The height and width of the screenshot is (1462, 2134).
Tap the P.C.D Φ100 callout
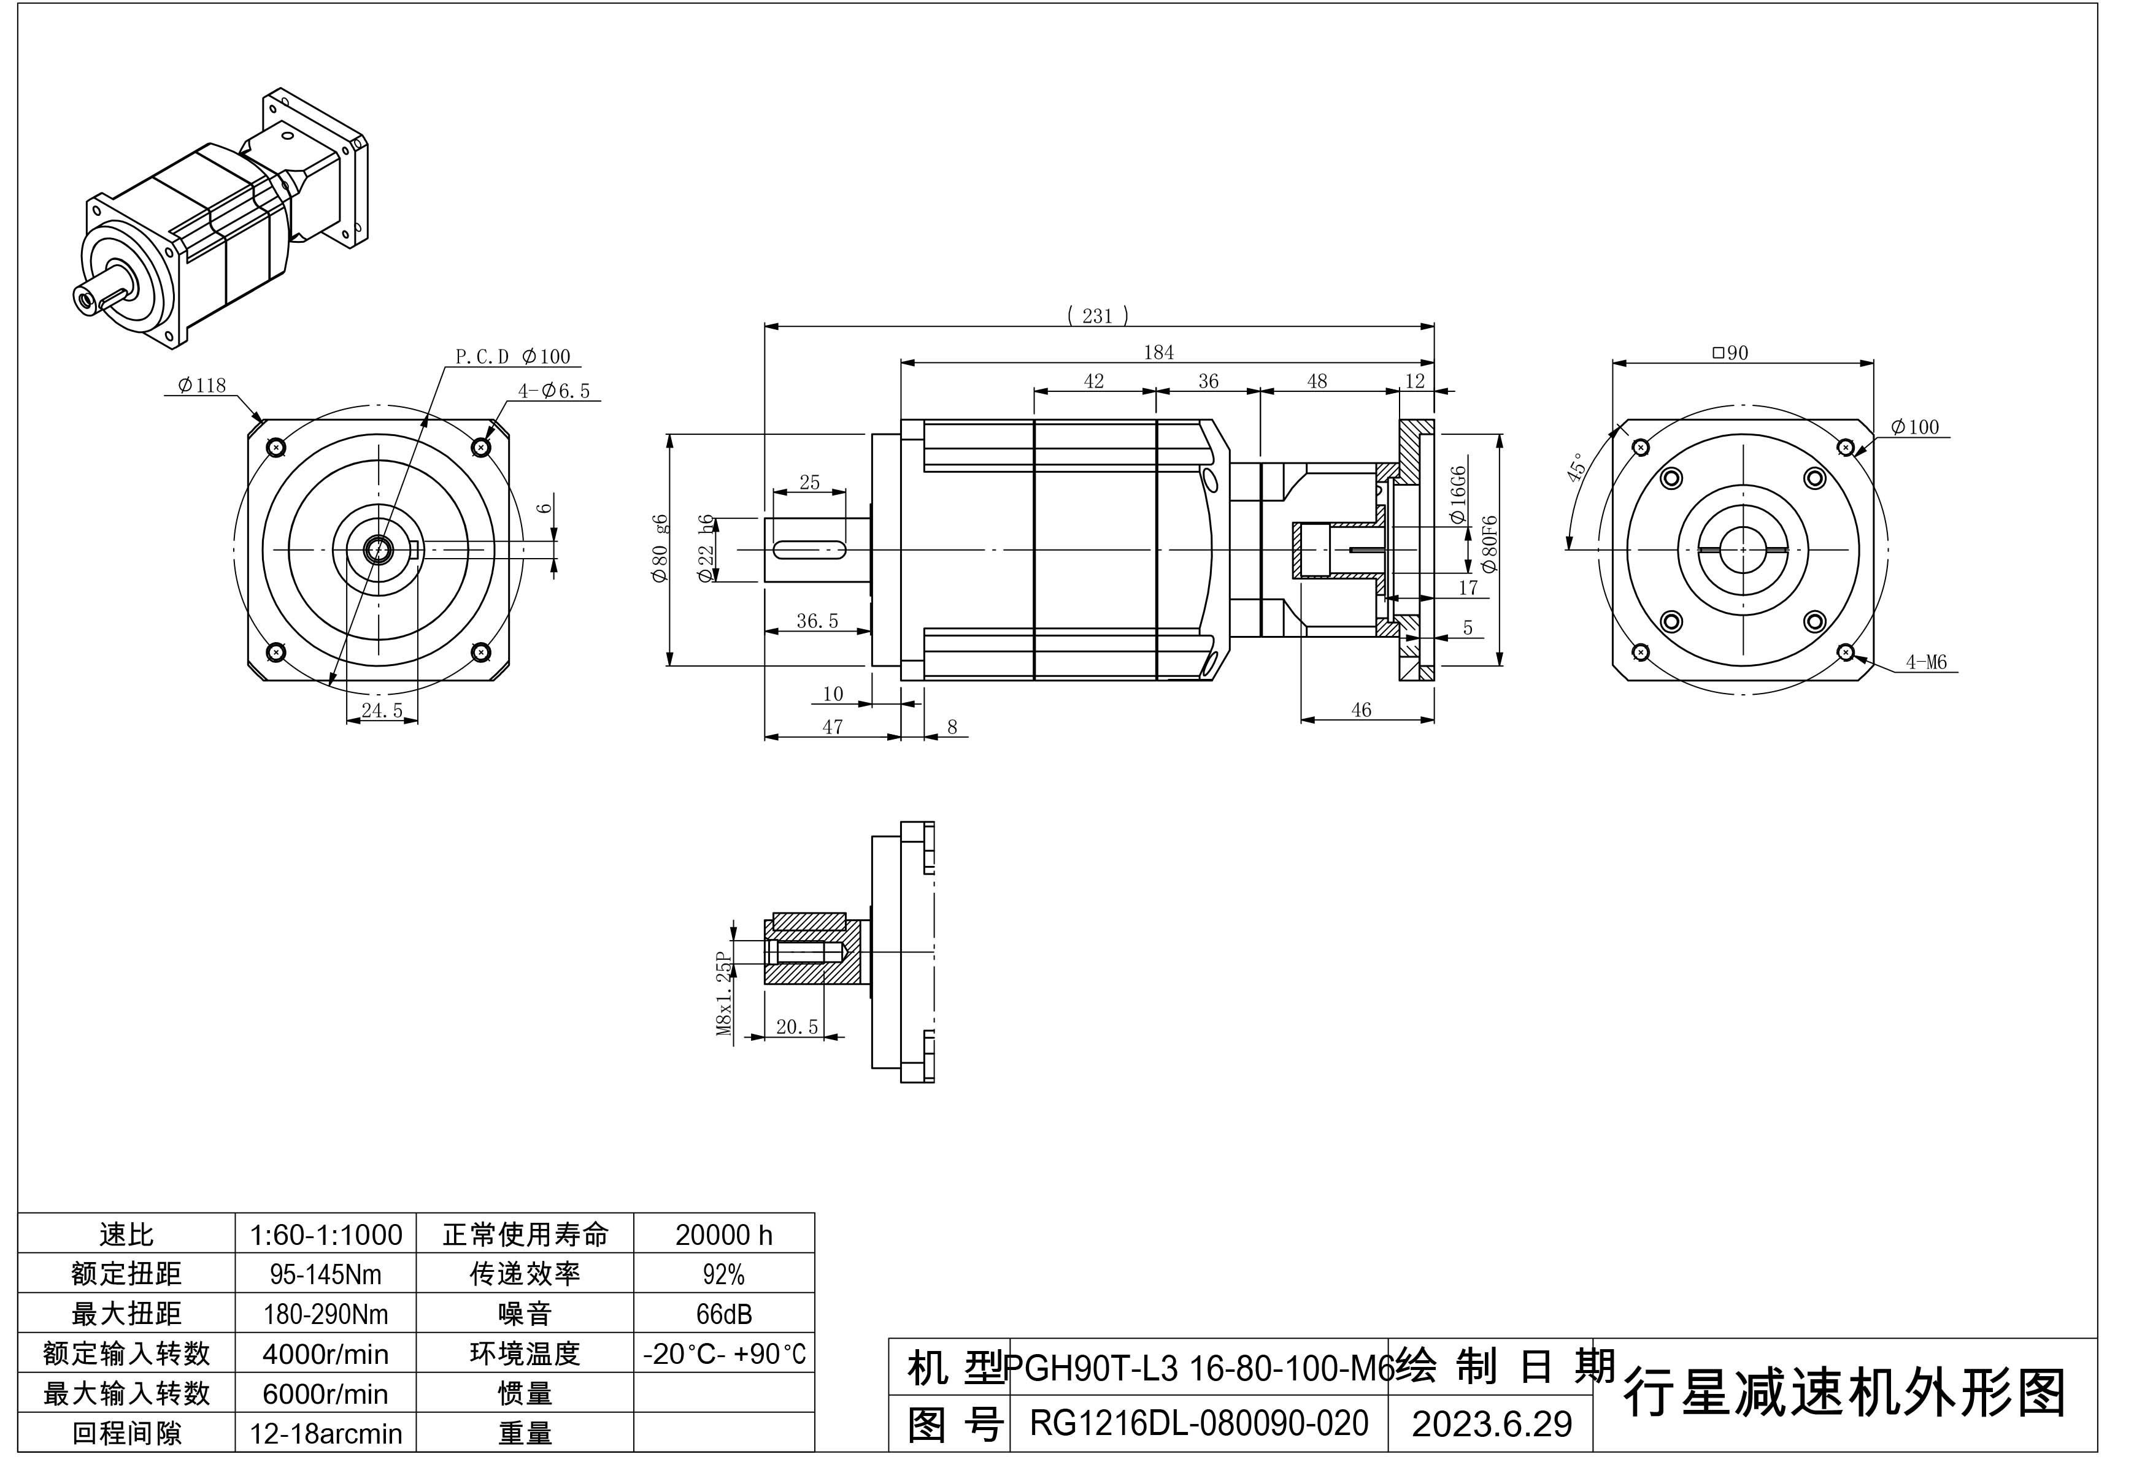point(512,357)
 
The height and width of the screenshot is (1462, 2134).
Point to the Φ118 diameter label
point(201,386)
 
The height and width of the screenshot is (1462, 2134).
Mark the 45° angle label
point(1576,467)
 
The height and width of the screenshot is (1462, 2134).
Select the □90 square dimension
point(1730,353)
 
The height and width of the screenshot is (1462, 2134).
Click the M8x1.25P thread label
point(725,993)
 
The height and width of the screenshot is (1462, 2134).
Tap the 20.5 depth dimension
point(796,1027)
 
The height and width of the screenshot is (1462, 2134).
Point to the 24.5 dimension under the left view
point(382,710)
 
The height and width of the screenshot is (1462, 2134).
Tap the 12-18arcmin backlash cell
point(325,1434)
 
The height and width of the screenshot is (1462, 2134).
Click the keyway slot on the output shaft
point(809,549)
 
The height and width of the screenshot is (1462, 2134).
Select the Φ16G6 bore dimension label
point(1457,495)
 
